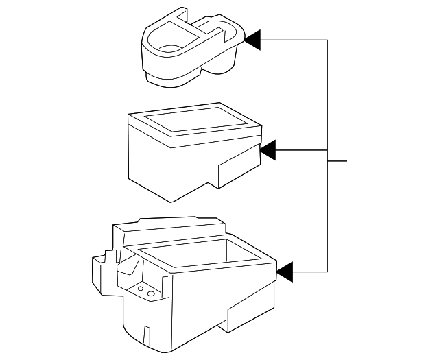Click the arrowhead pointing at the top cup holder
click(x=252, y=40)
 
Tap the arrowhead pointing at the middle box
click(x=268, y=149)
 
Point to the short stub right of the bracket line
click(x=337, y=163)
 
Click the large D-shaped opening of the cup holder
click(x=169, y=43)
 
